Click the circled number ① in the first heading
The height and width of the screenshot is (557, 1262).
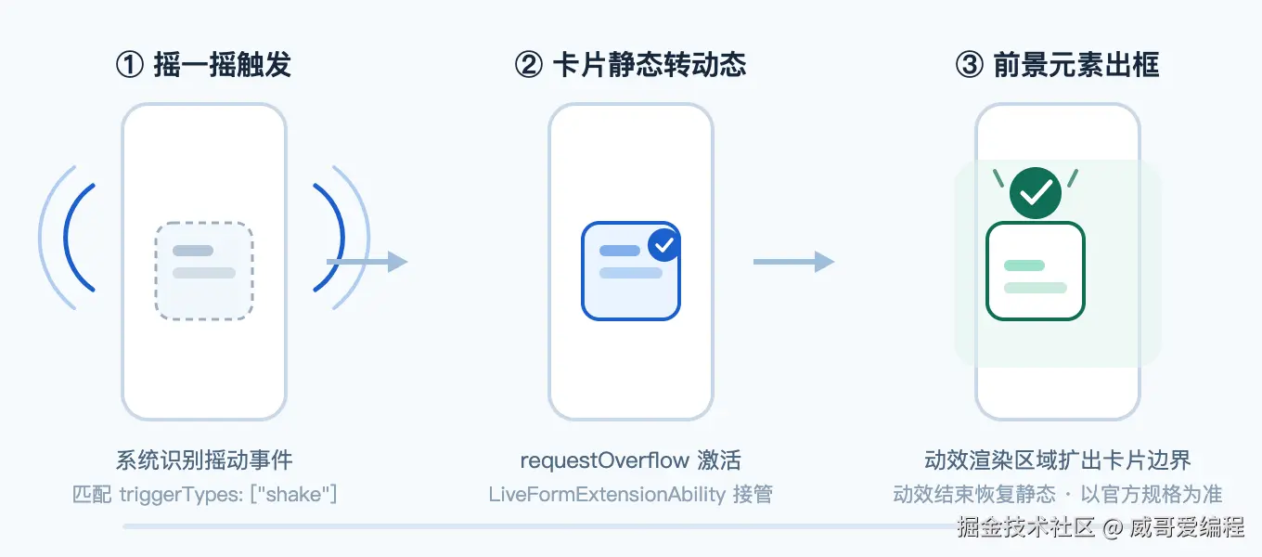130,64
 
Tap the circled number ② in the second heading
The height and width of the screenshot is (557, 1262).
529,64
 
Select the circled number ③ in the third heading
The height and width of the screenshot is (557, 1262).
970,64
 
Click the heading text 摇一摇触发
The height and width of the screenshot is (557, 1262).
223,64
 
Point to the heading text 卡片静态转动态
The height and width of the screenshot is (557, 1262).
650,64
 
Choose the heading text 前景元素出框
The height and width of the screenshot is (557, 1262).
1076,64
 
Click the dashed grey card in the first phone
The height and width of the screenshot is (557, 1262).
204,271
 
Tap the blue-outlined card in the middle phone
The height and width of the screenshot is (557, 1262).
631,271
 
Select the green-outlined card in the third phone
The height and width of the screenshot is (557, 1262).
1036,271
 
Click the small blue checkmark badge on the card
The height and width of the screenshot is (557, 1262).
664,245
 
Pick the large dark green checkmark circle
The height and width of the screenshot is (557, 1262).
1036,193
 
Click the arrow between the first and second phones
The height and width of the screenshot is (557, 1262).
367,262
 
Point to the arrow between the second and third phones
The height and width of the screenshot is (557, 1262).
793,262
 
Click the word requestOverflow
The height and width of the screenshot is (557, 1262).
604,461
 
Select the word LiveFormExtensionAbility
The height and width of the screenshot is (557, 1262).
607,495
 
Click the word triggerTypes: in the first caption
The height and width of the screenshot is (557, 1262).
182,495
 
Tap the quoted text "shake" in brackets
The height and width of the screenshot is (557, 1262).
293,495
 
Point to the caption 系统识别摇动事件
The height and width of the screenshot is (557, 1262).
204,460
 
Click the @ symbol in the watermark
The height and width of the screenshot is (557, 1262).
1113,528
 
